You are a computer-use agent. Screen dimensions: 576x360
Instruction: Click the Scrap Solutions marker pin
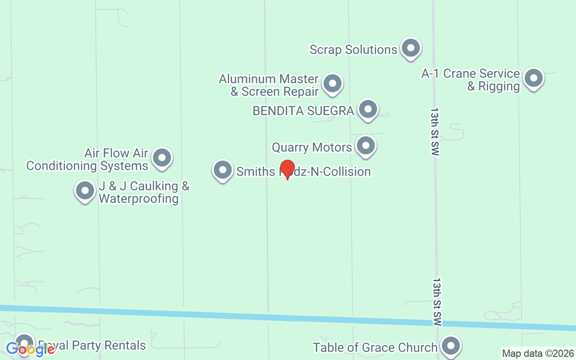(x=410, y=48)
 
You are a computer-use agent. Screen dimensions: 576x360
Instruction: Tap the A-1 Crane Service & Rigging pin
(x=534, y=78)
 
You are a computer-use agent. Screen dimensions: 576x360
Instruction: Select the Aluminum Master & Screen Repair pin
(x=333, y=83)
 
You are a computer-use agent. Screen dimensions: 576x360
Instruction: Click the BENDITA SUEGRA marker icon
(x=368, y=109)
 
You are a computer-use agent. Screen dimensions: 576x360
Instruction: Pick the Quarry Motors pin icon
(x=366, y=146)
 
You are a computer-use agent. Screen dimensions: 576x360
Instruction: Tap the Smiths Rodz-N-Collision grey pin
(x=222, y=170)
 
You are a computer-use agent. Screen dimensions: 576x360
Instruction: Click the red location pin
(x=288, y=169)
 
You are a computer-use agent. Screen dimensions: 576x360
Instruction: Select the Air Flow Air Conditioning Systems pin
(x=162, y=158)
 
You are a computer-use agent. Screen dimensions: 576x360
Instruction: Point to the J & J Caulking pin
(x=85, y=191)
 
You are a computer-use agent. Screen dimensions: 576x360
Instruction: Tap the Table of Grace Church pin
(x=450, y=346)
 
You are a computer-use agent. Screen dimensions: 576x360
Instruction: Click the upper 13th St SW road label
(x=434, y=131)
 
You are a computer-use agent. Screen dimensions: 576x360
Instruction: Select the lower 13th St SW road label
(x=436, y=301)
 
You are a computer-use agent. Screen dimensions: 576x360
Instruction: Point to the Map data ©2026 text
(x=538, y=354)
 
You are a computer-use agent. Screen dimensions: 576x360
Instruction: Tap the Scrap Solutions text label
(x=353, y=49)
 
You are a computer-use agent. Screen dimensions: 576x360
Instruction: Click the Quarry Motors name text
(x=312, y=148)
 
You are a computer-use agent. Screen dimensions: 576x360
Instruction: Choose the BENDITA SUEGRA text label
(x=303, y=111)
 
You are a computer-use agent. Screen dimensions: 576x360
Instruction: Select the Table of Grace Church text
(x=375, y=347)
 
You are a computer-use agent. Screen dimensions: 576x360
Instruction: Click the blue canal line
(x=288, y=317)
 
